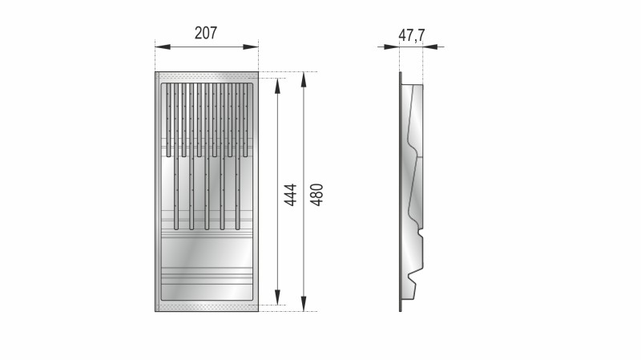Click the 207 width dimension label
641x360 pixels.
206,33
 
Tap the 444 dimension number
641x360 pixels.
291,195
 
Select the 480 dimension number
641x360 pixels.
316,195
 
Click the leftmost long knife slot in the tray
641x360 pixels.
175,192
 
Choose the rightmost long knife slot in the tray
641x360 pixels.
237,192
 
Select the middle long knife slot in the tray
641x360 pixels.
207,192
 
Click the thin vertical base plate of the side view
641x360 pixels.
400,192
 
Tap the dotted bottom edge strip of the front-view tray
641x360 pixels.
207,305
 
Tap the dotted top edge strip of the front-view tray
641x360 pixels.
207,78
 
